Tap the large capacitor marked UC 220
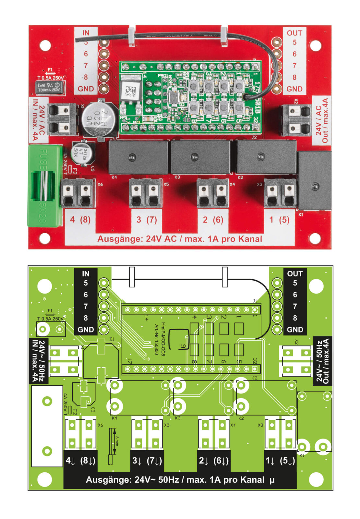click(x=99, y=120)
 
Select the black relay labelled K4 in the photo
click(x=138, y=157)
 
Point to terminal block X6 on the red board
click(x=78, y=194)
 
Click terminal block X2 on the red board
click(x=297, y=120)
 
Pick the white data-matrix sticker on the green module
click(x=130, y=90)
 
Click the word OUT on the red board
click(x=294, y=33)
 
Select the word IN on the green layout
click(x=86, y=274)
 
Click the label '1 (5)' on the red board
click(x=279, y=220)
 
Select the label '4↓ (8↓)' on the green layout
click(x=81, y=461)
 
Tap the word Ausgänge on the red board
click(x=120, y=239)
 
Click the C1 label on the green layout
click(x=112, y=339)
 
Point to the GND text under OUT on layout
click(x=295, y=330)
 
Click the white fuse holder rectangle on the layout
click(x=47, y=426)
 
